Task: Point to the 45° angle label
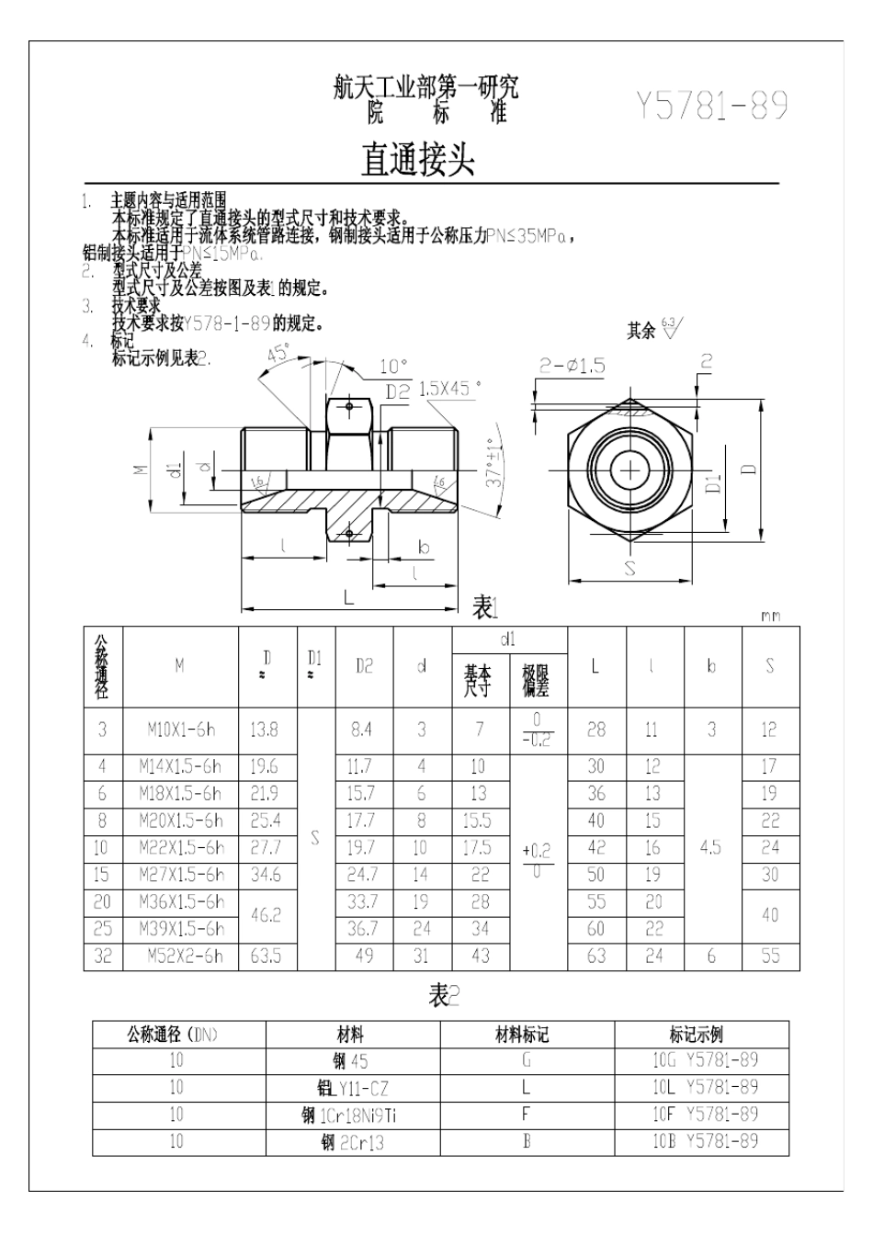pyautogui.click(x=278, y=352)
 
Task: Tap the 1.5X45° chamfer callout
pyautogui.click(x=449, y=389)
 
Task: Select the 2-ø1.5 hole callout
pyautogui.click(x=572, y=366)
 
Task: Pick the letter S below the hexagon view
pyautogui.click(x=629, y=569)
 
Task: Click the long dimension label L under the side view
pyautogui.click(x=348, y=596)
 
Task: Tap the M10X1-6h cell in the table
pyautogui.click(x=181, y=730)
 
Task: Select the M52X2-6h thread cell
pyautogui.click(x=185, y=956)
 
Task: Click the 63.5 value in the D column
pyautogui.click(x=264, y=956)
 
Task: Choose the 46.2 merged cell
pyautogui.click(x=264, y=915)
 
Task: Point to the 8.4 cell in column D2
pyautogui.click(x=361, y=730)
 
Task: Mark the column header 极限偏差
pyautogui.click(x=537, y=681)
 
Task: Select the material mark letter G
pyautogui.click(x=527, y=1060)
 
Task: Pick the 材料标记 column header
pyautogui.click(x=522, y=1035)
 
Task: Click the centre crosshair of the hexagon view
pyautogui.click(x=630, y=470)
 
